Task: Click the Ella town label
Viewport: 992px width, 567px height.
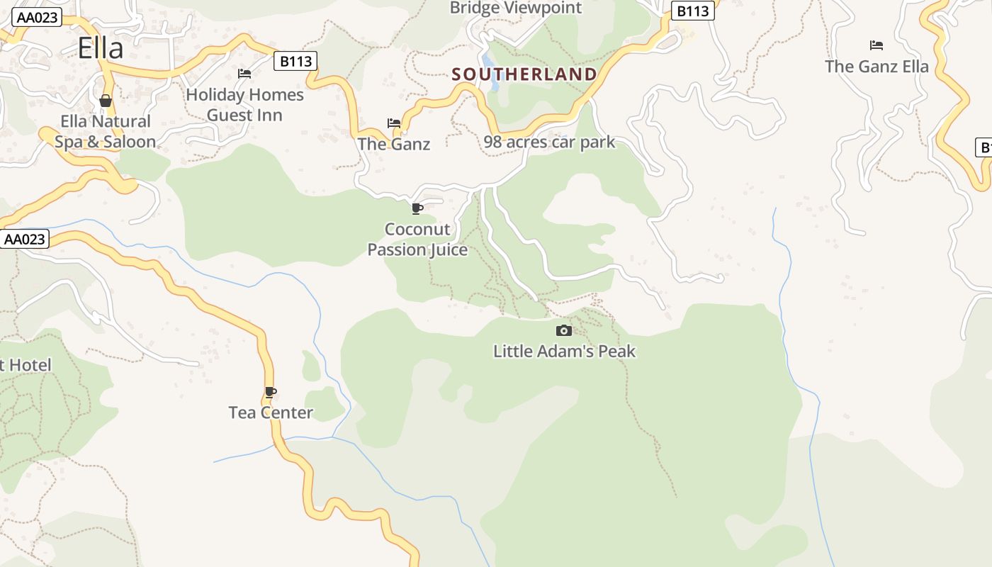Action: tap(101, 48)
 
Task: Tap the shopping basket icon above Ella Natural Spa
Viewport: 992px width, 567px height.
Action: tap(106, 101)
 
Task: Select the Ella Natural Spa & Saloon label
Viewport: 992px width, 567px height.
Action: tap(106, 131)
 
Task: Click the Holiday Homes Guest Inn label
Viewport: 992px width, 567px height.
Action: tap(244, 105)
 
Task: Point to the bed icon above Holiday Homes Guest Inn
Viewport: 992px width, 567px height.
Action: tap(244, 74)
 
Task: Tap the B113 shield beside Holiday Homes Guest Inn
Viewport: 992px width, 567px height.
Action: tap(295, 61)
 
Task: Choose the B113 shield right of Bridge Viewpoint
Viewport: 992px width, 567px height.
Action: tap(692, 11)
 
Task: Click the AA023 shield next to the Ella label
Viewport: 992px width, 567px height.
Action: tap(37, 17)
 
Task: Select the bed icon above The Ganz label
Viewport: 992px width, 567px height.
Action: tap(394, 123)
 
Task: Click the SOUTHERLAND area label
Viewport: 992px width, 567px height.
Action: tap(524, 74)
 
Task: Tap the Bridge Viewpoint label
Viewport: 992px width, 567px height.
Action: tap(516, 9)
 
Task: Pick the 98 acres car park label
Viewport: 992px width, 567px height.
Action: tap(549, 142)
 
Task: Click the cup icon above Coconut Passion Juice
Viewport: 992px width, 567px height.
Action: tap(417, 208)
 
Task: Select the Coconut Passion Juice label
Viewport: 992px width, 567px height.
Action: tap(417, 240)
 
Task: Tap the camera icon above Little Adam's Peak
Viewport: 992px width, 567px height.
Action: tap(564, 330)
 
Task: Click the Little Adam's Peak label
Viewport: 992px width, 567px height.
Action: tap(564, 351)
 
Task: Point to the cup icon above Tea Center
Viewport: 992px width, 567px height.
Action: tap(271, 392)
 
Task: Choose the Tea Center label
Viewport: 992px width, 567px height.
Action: tap(271, 412)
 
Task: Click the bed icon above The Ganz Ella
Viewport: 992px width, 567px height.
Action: tap(877, 45)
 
